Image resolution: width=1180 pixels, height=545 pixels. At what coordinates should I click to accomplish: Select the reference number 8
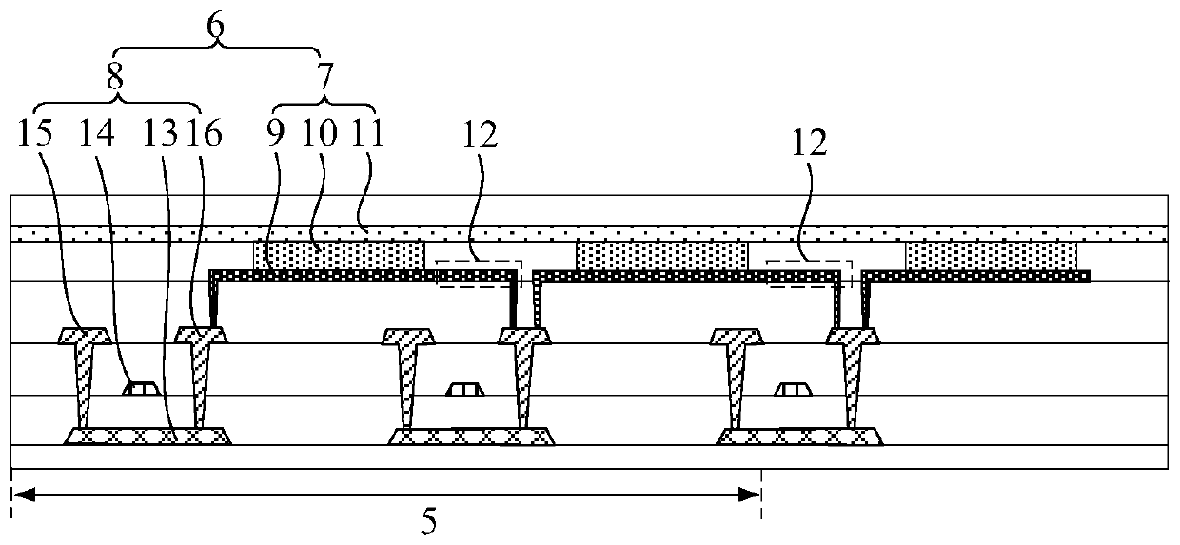(x=115, y=80)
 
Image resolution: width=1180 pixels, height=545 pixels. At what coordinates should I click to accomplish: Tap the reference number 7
(x=325, y=80)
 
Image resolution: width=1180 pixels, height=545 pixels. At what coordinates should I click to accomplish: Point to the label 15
(x=39, y=134)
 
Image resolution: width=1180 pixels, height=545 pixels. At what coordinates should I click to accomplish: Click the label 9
(x=276, y=134)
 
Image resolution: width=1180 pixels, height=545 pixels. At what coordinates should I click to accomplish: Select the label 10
(x=320, y=134)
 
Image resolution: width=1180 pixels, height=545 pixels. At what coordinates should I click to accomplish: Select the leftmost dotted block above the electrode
(x=339, y=255)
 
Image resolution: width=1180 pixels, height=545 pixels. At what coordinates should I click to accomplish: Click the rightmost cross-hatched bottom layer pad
(x=799, y=437)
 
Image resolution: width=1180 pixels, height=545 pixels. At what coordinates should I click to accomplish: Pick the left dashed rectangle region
(x=479, y=272)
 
